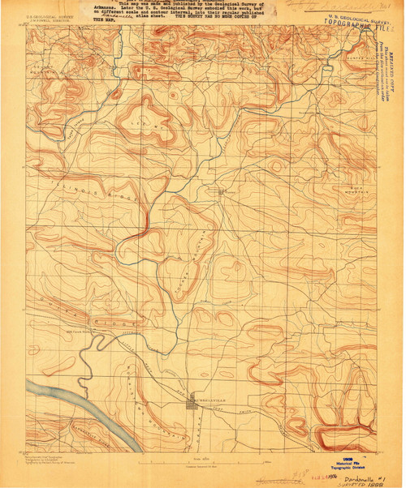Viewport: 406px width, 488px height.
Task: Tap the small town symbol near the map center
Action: (218, 191)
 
